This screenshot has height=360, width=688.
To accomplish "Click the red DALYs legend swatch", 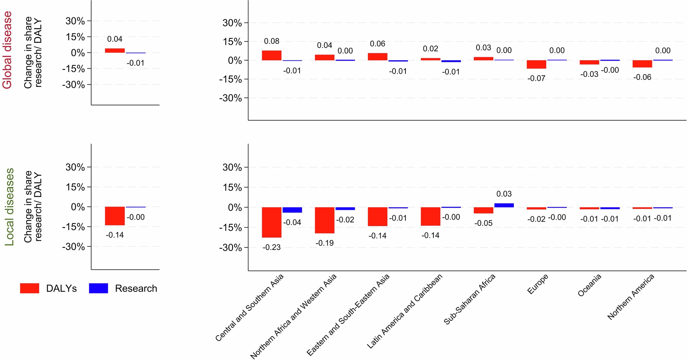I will point(29,288).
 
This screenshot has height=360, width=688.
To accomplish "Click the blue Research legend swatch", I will point(98,288).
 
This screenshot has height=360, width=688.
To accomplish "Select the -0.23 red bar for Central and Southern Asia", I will point(271,222).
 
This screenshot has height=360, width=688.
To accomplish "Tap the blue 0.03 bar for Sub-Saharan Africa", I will point(504,205).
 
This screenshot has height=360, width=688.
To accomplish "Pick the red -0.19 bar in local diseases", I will point(324,220).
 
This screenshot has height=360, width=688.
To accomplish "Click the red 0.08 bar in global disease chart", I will point(271,55).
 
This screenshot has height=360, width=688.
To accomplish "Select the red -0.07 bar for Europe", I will point(536,64).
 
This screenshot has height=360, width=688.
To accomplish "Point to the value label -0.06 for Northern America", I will point(642,77).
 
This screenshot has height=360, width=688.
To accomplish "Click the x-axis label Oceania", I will point(589,285).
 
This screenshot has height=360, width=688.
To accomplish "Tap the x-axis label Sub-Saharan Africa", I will point(470,299).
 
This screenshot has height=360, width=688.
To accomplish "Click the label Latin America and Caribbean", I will point(405,311).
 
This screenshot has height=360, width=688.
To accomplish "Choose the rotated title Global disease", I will point(7,50).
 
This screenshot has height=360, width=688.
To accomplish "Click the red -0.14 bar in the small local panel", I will point(115,216).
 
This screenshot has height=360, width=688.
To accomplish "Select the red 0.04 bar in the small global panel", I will point(115,51).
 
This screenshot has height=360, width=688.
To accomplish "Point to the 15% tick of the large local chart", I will point(232,187).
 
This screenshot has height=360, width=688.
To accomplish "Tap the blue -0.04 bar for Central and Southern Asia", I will point(292,210).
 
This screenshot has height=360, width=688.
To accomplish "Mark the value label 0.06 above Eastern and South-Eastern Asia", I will point(377,44).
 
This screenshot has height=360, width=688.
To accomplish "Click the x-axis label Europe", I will point(537,284).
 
